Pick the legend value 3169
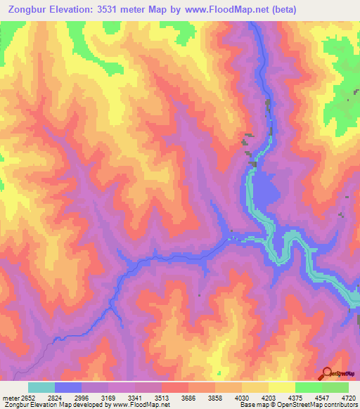click(108, 397)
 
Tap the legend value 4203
click(269, 397)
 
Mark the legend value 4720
click(347, 397)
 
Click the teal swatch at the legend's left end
click(41, 387)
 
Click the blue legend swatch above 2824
click(68, 387)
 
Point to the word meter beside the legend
click(9, 397)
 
